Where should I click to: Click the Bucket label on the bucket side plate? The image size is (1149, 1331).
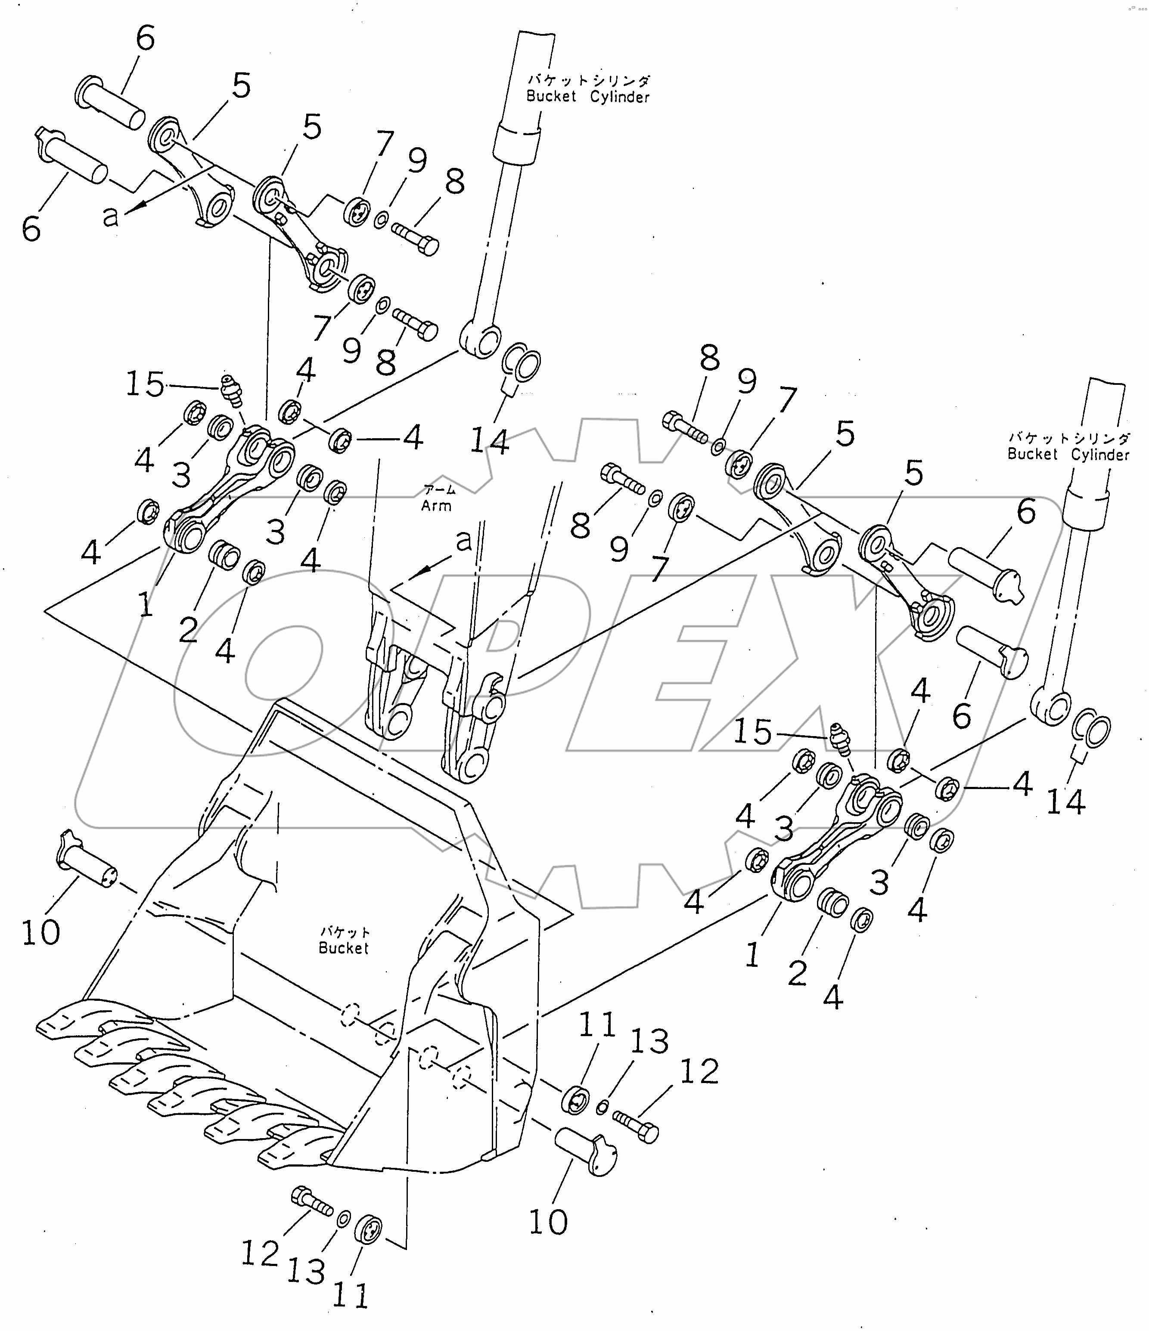pyautogui.click(x=344, y=948)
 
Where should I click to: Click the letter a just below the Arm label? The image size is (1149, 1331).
pyautogui.click(x=463, y=542)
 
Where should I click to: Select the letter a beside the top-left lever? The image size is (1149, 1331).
pyautogui.click(x=111, y=217)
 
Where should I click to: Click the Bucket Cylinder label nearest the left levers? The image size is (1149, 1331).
pyautogui.click(x=587, y=89)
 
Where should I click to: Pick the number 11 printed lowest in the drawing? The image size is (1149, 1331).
pyautogui.click(x=350, y=1296)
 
